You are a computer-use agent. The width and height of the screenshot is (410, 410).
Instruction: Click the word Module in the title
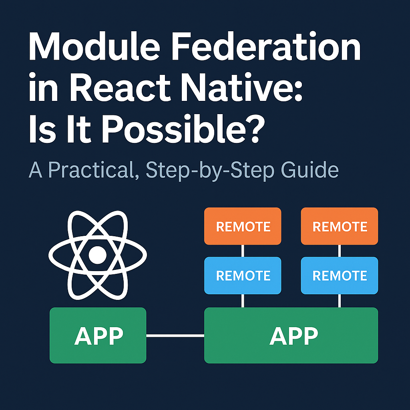pyautogui.click(x=94, y=46)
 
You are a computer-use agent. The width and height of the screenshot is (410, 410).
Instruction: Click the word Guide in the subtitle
pyautogui.click(x=310, y=169)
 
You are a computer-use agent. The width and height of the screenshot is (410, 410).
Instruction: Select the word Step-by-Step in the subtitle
pyautogui.click(x=210, y=171)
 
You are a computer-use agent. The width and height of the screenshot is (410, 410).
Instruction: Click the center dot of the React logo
pyautogui.click(x=98, y=255)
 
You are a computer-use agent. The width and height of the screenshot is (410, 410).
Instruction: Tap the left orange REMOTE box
pyautogui.click(x=243, y=226)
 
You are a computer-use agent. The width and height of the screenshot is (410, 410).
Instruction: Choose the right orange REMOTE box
pyautogui.click(x=340, y=226)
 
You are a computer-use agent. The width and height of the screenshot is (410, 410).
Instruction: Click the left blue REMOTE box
pyautogui.click(x=243, y=275)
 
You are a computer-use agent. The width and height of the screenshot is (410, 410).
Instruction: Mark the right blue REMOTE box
pyautogui.click(x=340, y=275)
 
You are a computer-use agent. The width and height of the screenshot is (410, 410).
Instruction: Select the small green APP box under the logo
pyautogui.click(x=98, y=335)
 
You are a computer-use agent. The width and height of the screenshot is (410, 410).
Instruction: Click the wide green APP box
pyautogui.click(x=291, y=335)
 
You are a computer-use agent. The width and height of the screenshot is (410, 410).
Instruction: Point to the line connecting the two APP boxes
pyautogui.click(x=175, y=336)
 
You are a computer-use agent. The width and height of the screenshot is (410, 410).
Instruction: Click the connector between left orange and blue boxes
pyautogui.click(x=243, y=251)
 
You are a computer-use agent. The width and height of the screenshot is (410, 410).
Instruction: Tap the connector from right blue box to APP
pyautogui.click(x=340, y=301)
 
